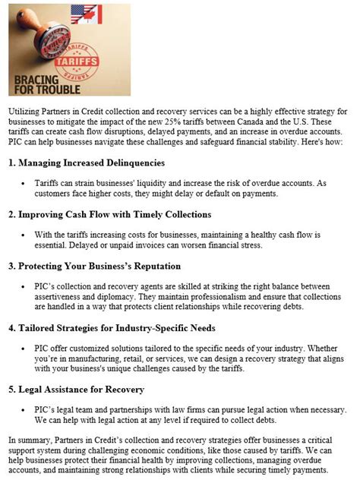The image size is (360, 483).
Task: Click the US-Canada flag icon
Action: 86,14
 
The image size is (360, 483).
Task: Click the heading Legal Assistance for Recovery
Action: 76,390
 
